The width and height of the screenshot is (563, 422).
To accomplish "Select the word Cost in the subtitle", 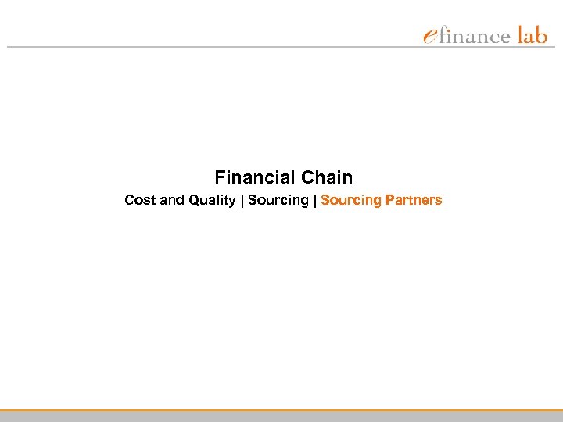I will (x=139, y=200).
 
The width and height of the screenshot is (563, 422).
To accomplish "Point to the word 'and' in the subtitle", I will (x=170, y=200).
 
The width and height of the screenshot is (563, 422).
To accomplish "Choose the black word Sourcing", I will (x=278, y=200).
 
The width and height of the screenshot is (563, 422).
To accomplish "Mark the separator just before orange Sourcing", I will (x=314, y=200).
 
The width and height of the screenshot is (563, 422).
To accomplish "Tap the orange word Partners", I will (x=414, y=200).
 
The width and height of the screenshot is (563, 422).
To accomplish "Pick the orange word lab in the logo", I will (x=532, y=35).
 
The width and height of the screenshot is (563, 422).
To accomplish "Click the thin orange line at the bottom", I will (x=281, y=409).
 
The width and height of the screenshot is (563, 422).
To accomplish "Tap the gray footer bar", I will (x=281, y=417).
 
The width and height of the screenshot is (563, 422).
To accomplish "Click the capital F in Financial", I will (x=220, y=177).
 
